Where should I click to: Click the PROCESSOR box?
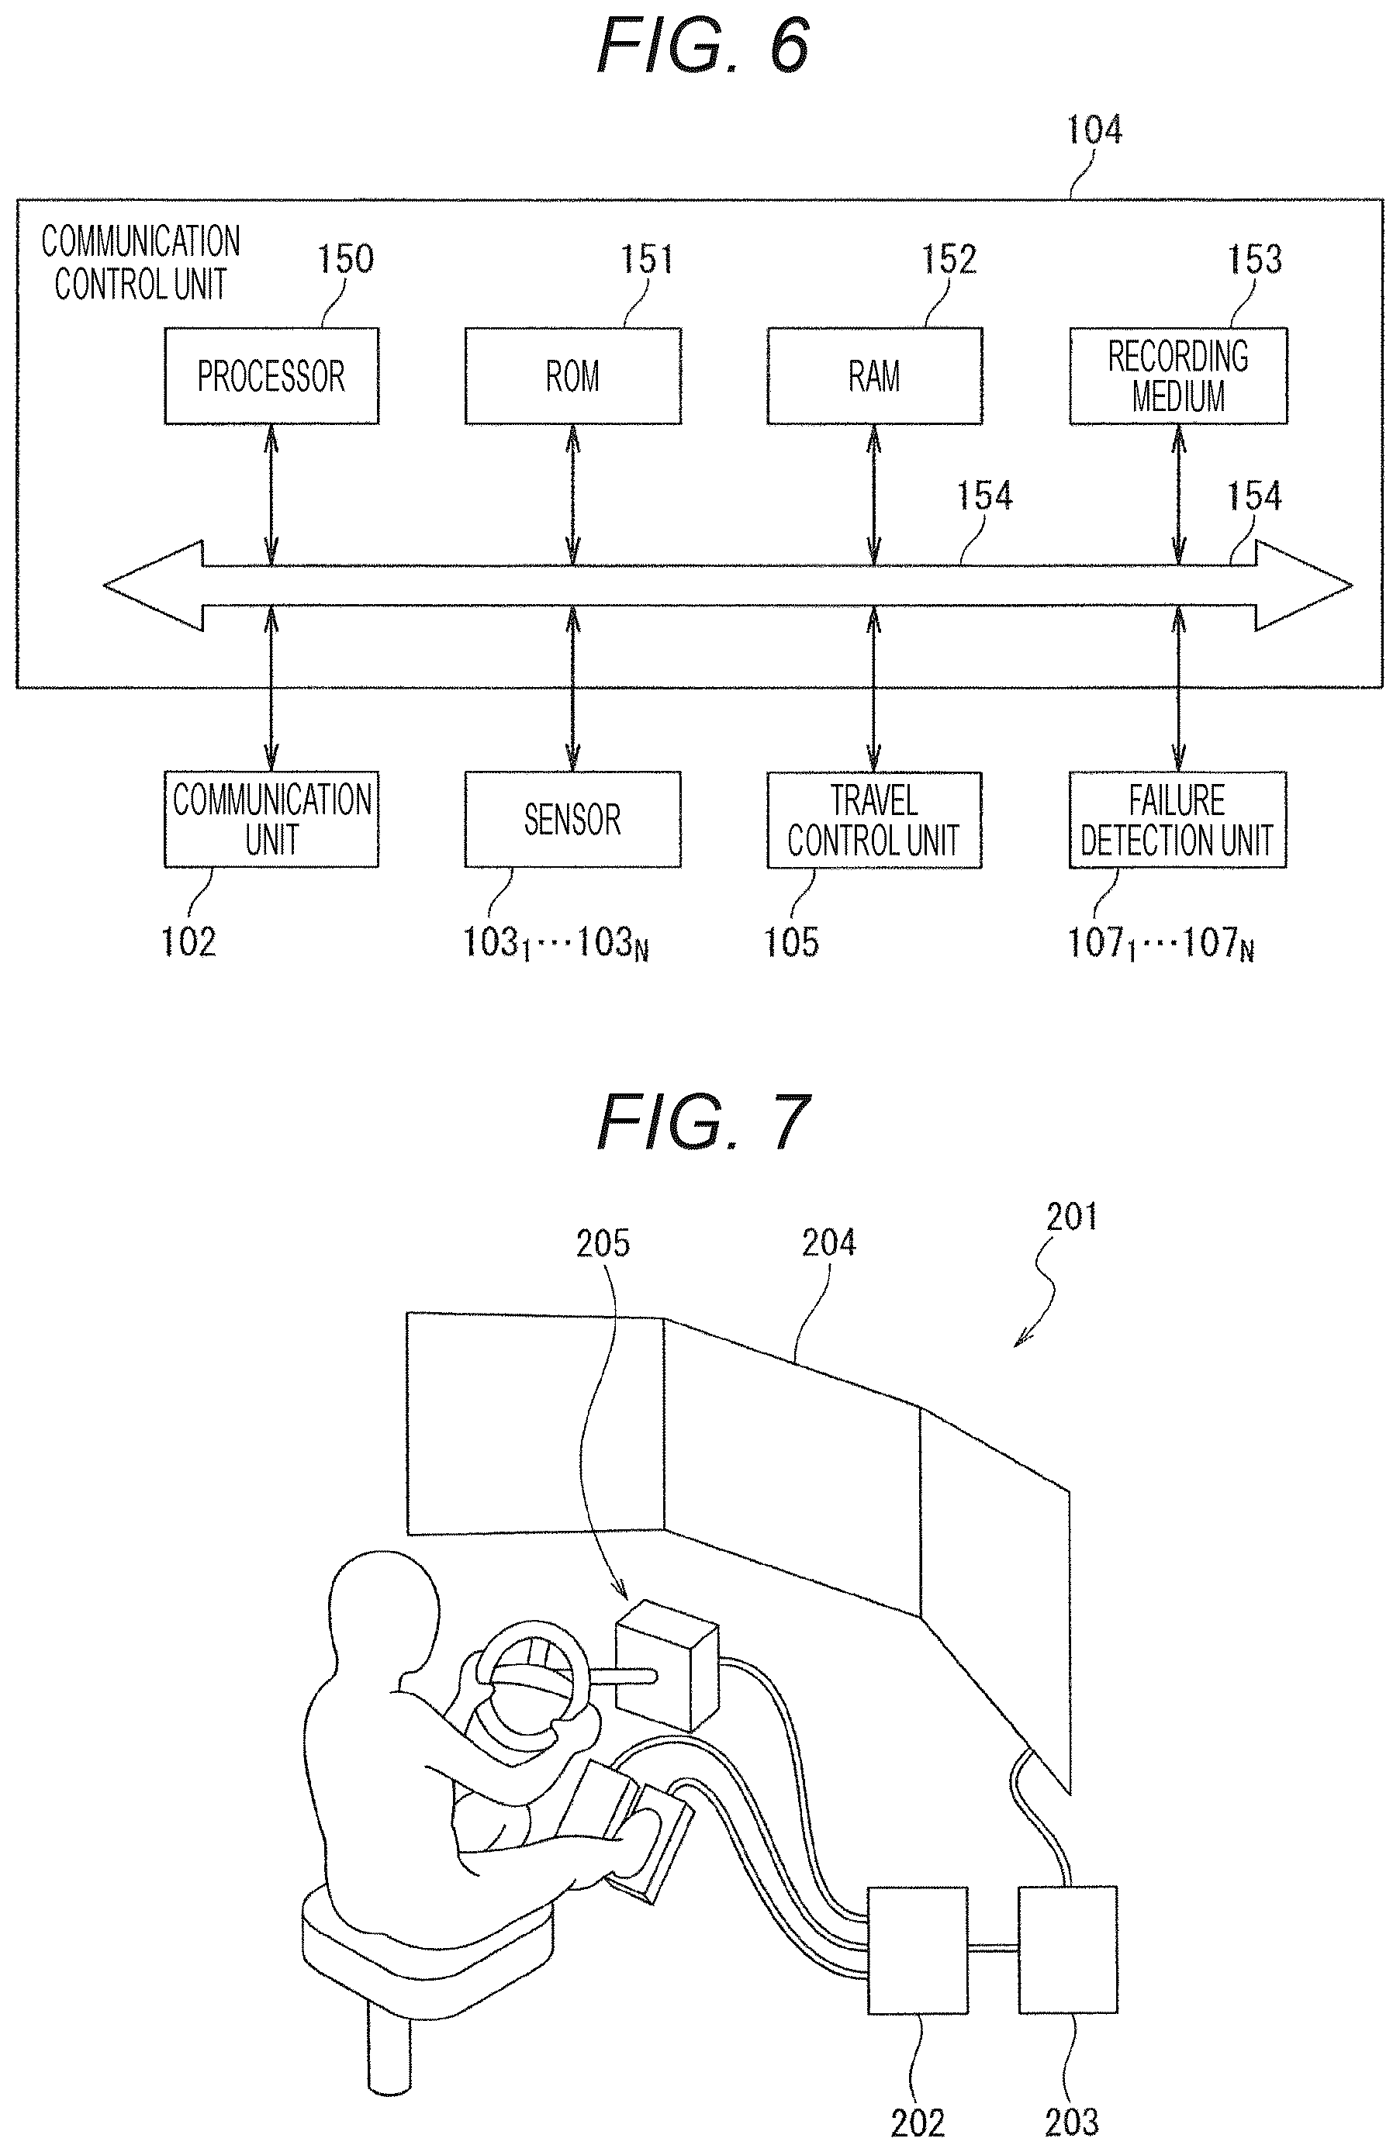tap(271, 376)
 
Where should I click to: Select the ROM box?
tap(572, 376)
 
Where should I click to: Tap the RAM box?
tap(875, 376)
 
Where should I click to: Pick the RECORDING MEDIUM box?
tap(1177, 376)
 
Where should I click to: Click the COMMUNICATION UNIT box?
tap(271, 819)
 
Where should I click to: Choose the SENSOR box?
tap(572, 819)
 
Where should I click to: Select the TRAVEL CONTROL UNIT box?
tap(875, 819)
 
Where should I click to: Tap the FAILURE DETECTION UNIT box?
tap(1177, 819)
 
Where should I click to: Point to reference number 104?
tap(1094, 130)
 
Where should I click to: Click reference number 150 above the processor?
tap(345, 260)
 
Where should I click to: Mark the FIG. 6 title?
tap(703, 45)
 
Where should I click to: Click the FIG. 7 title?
tap(703, 1121)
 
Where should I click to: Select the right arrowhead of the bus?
tap(1303, 586)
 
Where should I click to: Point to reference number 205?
tap(603, 1243)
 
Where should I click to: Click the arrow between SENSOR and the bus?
tap(572, 688)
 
